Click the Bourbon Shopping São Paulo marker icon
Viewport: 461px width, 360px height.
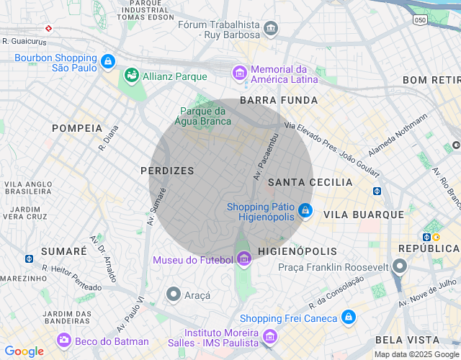[x=108, y=62]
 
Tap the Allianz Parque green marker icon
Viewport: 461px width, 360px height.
[x=132, y=75]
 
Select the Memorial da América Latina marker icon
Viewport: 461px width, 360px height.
[x=239, y=73]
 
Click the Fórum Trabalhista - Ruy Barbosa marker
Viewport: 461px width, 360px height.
[x=271, y=29]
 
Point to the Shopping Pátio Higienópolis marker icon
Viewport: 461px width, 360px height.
[x=305, y=210]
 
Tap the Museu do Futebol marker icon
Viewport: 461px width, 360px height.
[x=243, y=258]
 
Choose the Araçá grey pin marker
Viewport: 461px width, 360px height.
[x=173, y=294]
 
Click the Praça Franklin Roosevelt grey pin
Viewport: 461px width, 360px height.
[x=400, y=267]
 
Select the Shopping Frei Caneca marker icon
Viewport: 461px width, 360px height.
[x=349, y=318]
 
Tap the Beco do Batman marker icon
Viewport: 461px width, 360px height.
[x=65, y=341]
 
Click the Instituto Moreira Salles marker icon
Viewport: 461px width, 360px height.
[x=269, y=336]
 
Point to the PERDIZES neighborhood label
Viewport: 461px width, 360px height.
[x=167, y=171]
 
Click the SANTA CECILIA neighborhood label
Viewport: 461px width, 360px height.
[x=310, y=183]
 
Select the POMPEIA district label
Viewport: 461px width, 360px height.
[x=77, y=127]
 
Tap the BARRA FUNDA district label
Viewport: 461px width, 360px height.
[x=279, y=100]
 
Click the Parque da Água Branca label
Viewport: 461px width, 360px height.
[x=203, y=116]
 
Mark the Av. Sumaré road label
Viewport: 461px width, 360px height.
[x=157, y=207]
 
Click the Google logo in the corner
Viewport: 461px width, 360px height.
[x=24, y=351]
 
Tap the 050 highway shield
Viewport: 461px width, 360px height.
[x=420, y=20]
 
